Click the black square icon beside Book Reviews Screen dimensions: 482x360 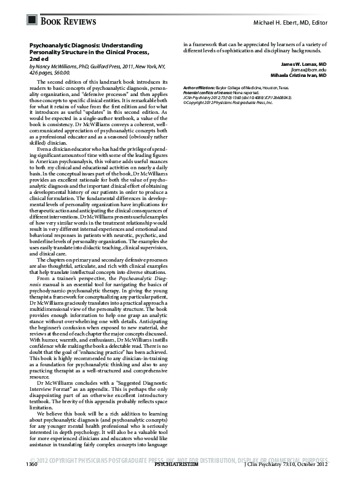(x=32, y=21)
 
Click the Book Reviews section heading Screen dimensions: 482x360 (x=68, y=22)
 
